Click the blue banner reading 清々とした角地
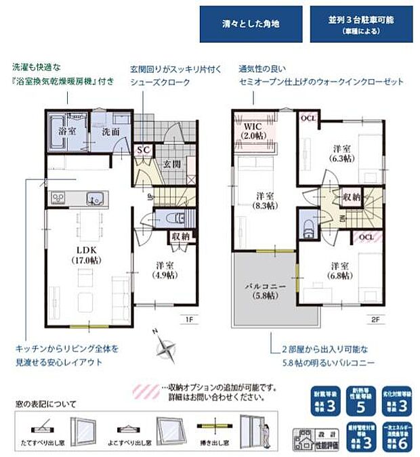[251, 24]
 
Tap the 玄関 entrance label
[171, 164]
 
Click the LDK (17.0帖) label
[87, 253]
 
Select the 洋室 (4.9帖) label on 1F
[162, 269]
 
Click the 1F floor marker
[192, 315]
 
